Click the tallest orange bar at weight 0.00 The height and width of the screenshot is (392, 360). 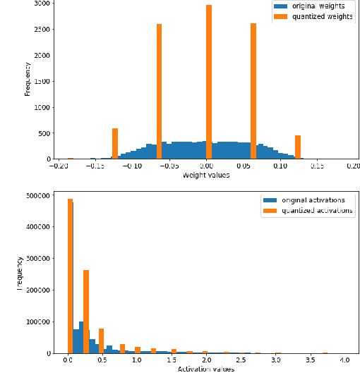pos(209,82)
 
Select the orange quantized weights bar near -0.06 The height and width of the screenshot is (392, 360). pos(160,92)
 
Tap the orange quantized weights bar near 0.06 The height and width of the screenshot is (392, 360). pos(253,91)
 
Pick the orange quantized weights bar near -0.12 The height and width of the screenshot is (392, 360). pos(115,144)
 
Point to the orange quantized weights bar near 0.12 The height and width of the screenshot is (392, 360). pos(298,147)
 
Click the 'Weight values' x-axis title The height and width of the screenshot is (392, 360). pos(206,175)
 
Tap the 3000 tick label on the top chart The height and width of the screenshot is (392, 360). pos(41,4)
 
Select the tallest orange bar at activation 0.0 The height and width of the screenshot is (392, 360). pos(70,276)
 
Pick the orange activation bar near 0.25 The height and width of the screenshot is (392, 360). pos(86,311)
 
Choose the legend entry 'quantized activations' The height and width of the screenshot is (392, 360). pos(317,210)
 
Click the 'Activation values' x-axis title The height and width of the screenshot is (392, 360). pos(205,369)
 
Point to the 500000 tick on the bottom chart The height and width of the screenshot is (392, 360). pos(37,195)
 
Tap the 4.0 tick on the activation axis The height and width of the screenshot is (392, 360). pos(344,360)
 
